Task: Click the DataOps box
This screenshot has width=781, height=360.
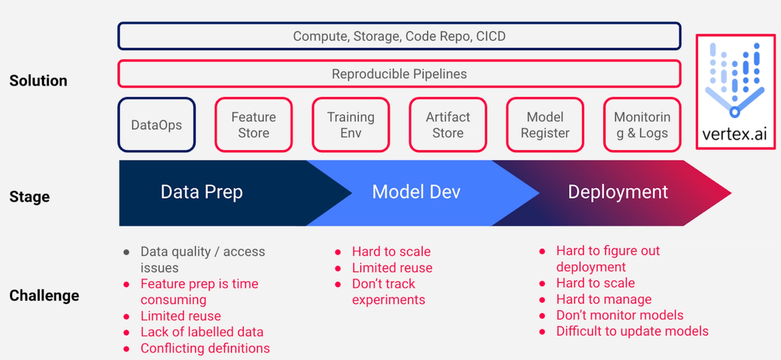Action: (x=157, y=125)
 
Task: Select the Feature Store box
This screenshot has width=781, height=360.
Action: (x=253, y=125)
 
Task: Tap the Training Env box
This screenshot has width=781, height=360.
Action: (x=351, y=125)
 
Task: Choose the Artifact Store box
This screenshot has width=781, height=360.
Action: (x=448, y=125)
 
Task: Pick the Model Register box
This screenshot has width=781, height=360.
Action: (x=545, y=125)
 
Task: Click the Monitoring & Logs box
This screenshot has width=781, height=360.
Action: (x=642, y=125)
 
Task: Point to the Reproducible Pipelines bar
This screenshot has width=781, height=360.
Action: (x=399, y=74)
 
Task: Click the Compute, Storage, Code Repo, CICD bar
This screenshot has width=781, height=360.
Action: (x=399, y=36)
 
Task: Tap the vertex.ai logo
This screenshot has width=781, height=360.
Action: (x=735, y=92)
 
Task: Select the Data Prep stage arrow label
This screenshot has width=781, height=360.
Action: (x=201, y=192)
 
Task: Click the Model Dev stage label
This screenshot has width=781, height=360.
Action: (x=416, y=192)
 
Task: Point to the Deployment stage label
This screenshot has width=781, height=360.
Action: (x=617, y=192)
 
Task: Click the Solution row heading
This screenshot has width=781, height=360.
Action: (x=38, y=81)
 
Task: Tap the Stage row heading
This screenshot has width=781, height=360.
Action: (x=29, y=197)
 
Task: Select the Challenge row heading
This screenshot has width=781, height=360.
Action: (x=44, y=296)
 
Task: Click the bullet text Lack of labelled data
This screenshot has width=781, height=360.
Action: (x=202, y=333)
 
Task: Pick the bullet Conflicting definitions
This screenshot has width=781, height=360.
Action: (x=205, y=348)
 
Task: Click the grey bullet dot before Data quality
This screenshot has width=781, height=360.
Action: (x=126, y=252)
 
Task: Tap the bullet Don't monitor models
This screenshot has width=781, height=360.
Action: (x=619, y=315)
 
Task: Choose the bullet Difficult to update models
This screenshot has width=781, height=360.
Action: (x=632, y=331)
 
